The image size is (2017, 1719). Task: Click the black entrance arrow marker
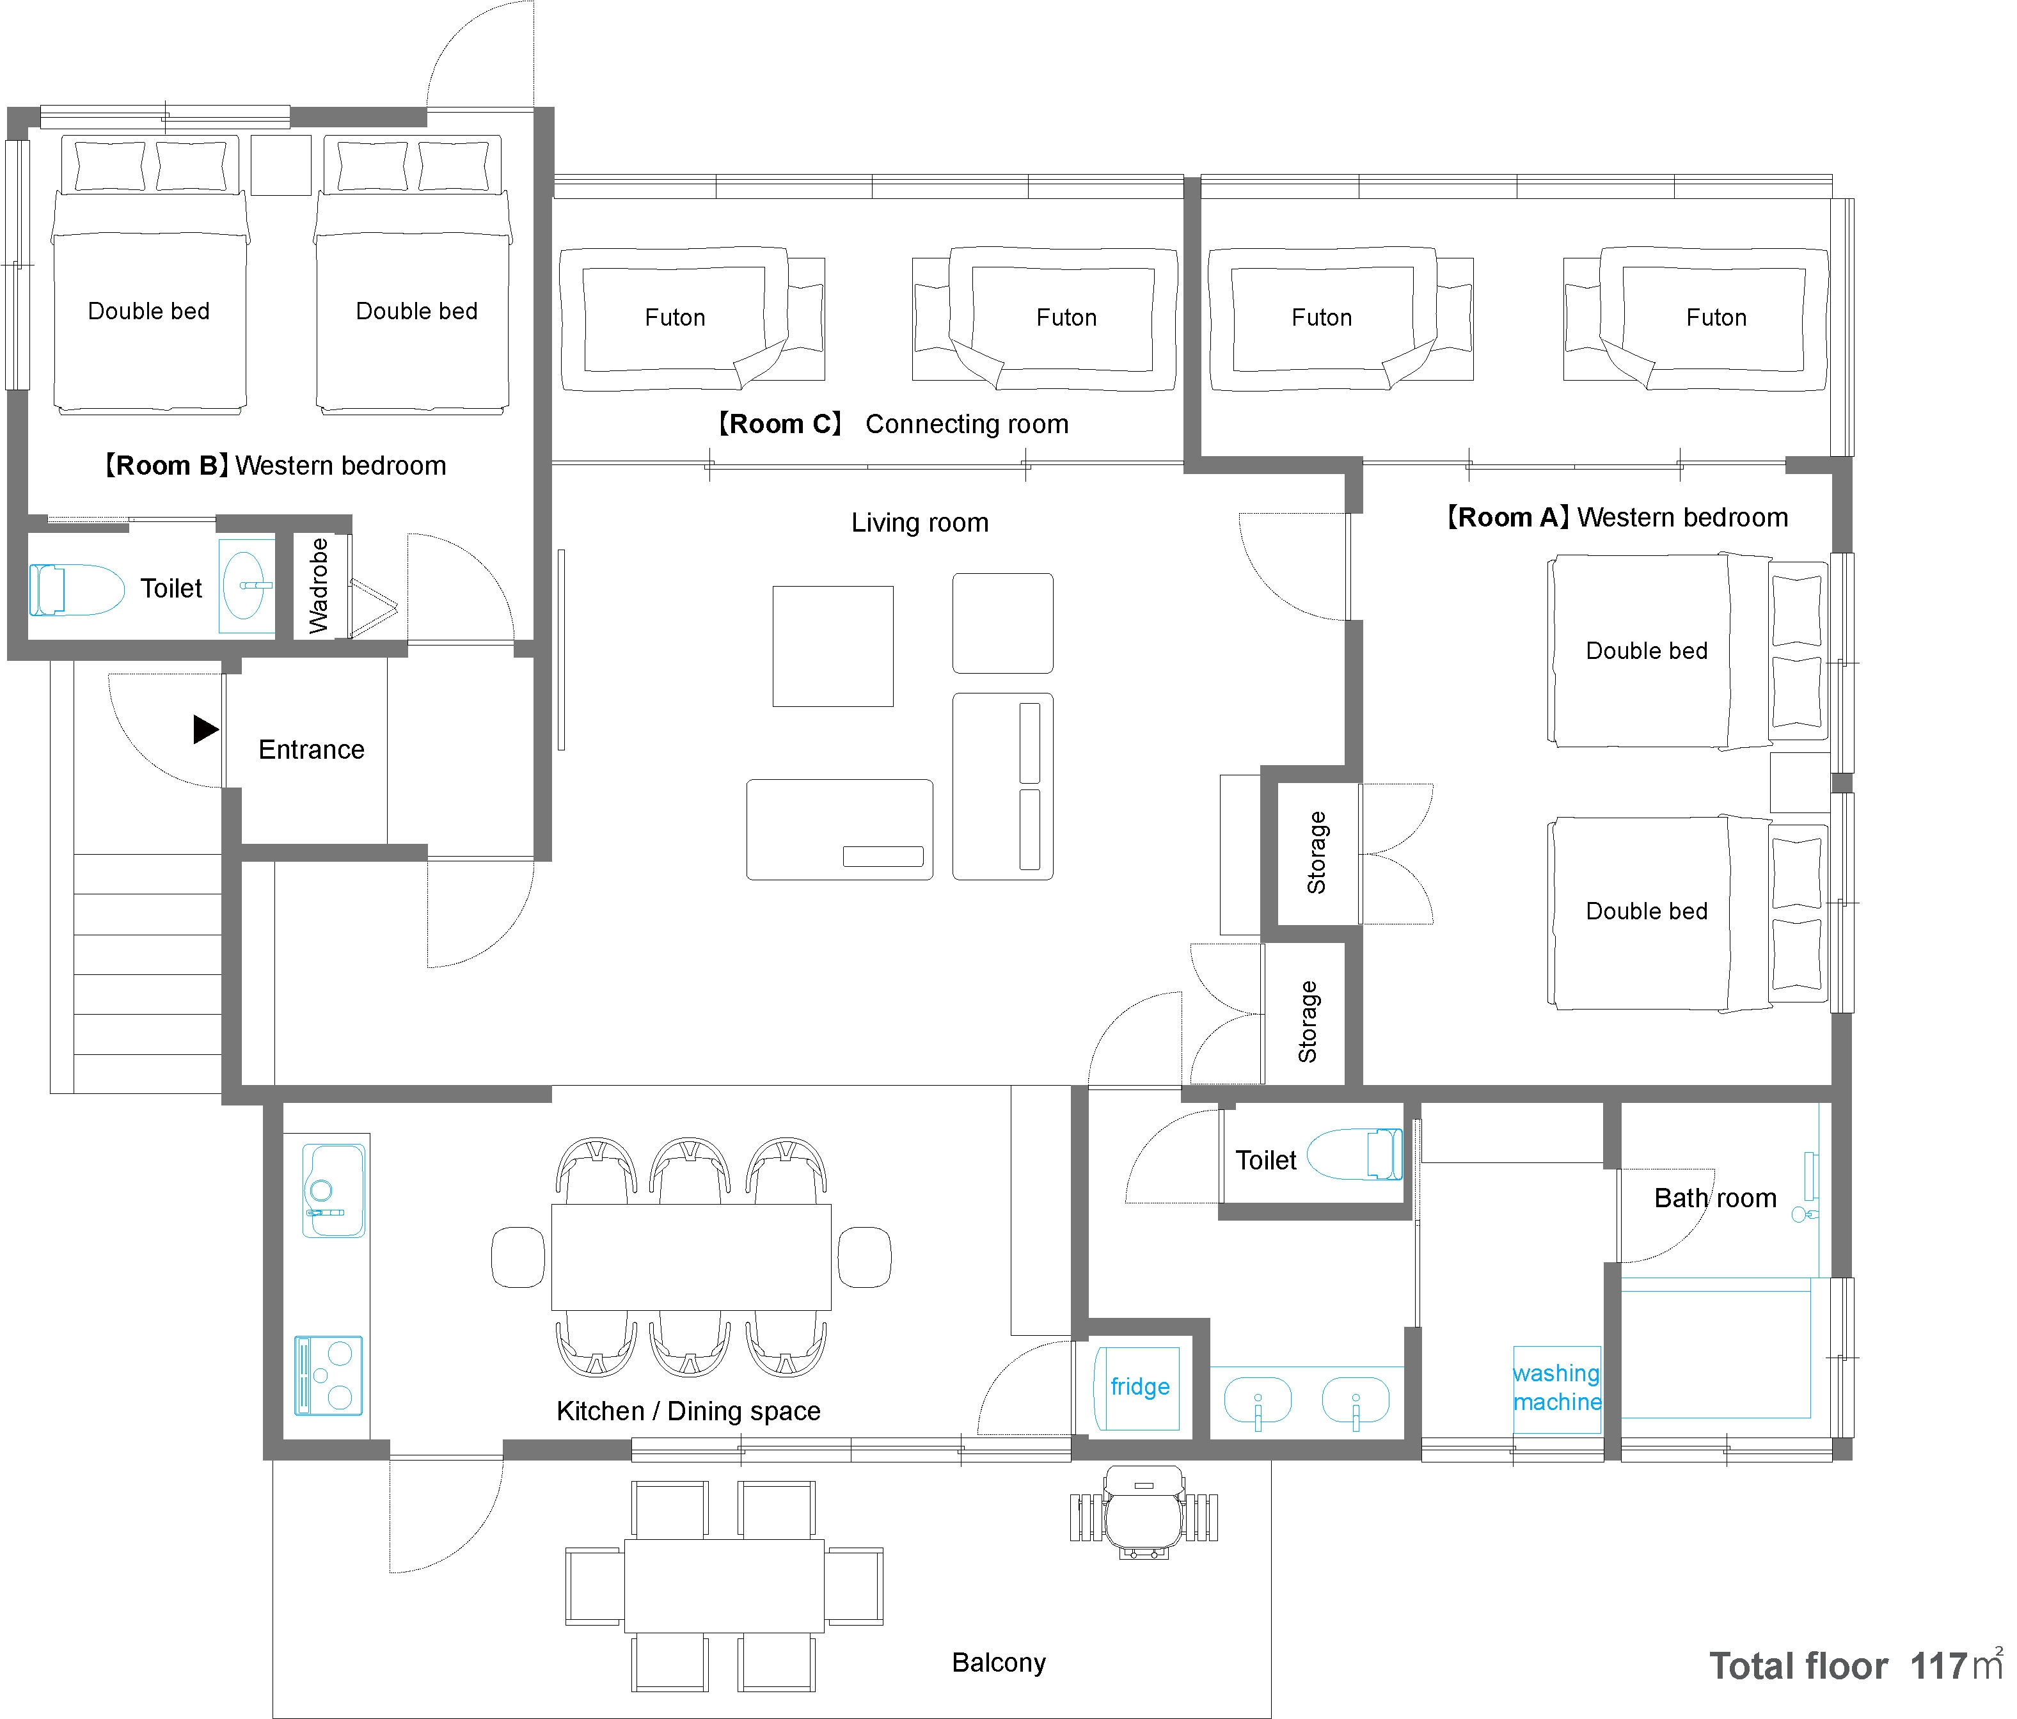(205, 729)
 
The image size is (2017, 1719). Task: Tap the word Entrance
(312, 750)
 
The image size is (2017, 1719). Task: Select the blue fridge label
(1140, 1386)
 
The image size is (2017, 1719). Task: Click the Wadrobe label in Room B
(319, 586)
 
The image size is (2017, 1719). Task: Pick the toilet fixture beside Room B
(76, 590)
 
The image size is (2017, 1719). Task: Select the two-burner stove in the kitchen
(329, 1375)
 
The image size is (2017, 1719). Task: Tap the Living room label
(920, 523)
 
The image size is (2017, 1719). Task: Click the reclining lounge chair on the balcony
(1144, 1512)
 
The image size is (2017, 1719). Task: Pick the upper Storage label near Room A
(1316, 853)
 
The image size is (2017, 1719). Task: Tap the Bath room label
(1715, 1198)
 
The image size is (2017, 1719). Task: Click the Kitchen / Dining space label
(688, 1411)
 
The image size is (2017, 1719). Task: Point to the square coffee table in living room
(834, 646)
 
